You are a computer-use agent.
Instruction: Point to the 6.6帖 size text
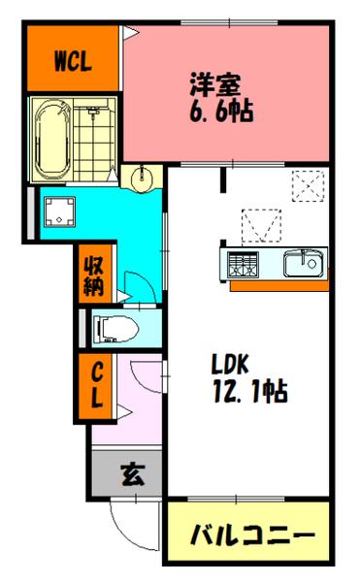pyautogui.click(x=220, y=112)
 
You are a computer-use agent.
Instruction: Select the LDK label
pyautogui.click(x=231, y=366)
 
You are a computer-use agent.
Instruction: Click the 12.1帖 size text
pyautogui.click(x=249, y=394)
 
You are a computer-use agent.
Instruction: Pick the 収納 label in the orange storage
pyautogui.click(x=94, y=273)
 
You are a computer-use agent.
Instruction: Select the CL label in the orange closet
pyautogui.click(x=97, y=384)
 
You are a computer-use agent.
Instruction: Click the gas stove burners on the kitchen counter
pyautogui.click(x=244, y=263)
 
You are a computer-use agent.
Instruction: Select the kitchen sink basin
pyautogui.click(x=305, y=262)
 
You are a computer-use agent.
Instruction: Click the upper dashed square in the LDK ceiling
pyautogui.click(x=309, y=183)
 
